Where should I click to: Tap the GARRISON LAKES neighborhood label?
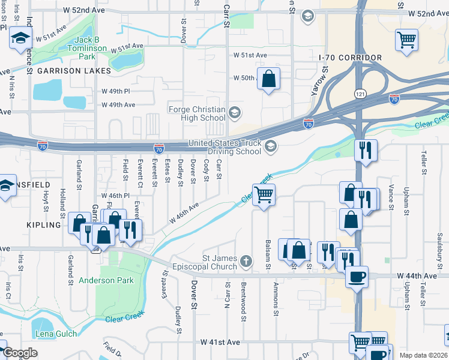click(74, 71)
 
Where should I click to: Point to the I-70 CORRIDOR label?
click(351, 58)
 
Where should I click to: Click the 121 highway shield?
click(358, 95)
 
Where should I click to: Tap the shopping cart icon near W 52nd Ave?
click(406, 40)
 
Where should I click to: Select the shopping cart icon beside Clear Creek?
click(264, 194)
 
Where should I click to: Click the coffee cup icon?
click(357, 277)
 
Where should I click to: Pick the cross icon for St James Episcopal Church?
click(246, 261)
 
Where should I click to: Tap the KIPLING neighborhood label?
click(44, 225)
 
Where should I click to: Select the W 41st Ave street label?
click(220, 342)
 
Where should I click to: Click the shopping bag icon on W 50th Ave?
click(268, 77)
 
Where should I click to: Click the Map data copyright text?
click(423, 355)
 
